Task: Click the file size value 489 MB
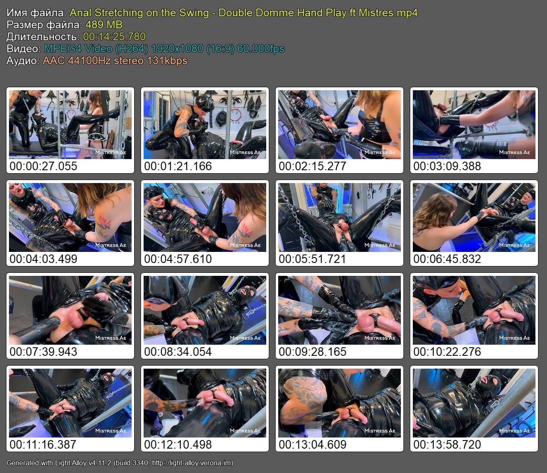pyautogui.click(x=104, y=25)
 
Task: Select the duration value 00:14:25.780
pyautogui.click(x=115, y=36)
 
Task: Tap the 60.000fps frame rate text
pyautogui.click(x=261, y=49)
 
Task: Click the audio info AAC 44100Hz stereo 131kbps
pyautogui.click(x=115, y=61)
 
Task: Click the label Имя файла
pyautogui.click(x=36, y=13)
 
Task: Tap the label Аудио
pyautogui.click(x=23, y=61)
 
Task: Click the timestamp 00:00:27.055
pyautogui.click(x=44, y=166)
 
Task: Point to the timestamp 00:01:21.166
pyautogui.click(x=178, y=166)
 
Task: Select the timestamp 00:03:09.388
pyautogui.click(x=447, y=166)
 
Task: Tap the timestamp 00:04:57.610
pyautogui.click(x=178, y=259)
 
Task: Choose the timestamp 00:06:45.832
pyautogui.click(x=447, y=259)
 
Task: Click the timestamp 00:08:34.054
pyautogui.click(x=178, y=352)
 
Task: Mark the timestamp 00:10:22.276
pyautogui.click(x=447, y=352)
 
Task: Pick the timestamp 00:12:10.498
pyautogui.click(x=178, y=444)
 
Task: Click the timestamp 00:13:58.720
pyautogui.click(x=447, y=444)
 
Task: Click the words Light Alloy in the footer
pyautogui.click(x=71, y=463)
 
